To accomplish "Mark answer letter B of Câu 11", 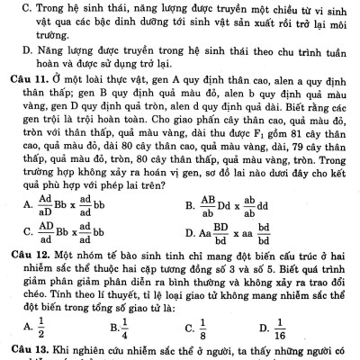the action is point(191,205).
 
